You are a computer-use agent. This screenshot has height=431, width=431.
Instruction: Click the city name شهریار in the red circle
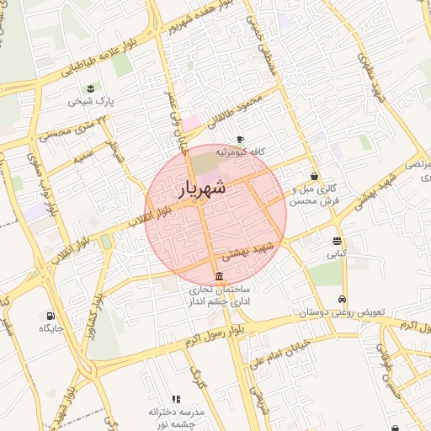[203, 190]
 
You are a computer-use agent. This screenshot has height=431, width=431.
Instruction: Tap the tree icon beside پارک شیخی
[89, 88]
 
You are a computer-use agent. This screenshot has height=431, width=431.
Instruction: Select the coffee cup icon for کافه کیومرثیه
[241, 139]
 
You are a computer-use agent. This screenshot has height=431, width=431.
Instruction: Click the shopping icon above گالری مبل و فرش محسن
[314, 177]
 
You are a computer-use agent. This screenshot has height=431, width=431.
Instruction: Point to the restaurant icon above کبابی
[337, 241]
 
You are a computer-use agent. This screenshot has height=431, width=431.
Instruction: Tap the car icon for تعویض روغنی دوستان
[342, 300]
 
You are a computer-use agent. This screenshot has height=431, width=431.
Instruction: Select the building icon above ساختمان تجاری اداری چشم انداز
[219, 277]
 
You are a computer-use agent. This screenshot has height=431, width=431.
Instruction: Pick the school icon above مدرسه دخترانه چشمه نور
[176, 399]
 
